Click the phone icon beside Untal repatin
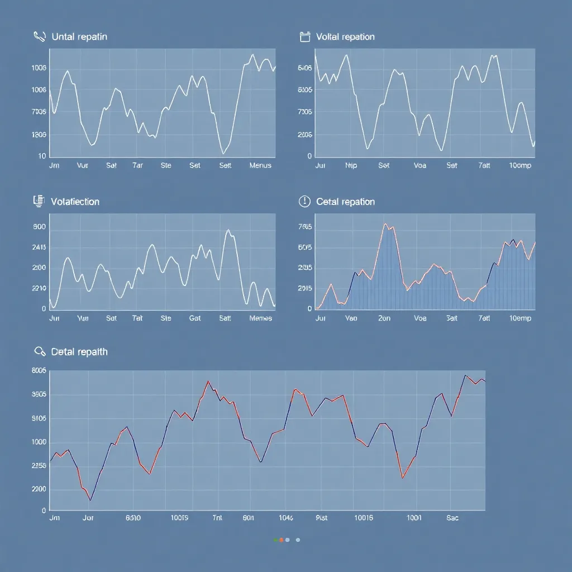point(40,37)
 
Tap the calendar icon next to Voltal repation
point(305,37)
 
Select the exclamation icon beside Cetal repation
point(304,202)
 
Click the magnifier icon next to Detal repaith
point(40,352)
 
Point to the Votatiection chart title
point(75,202)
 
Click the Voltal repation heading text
point(345,37)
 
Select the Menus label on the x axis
point(260,165)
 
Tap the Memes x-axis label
point(260,318)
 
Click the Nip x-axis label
point(351,165)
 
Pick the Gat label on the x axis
point(195,318)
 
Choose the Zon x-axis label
point(384,318)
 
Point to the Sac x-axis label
point(452,518)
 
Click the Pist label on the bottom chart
point(322,518)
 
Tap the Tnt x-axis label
point(217,518)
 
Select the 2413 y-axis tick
point(39,247)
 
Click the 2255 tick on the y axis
point(39,466)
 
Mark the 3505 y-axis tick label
point(39,394)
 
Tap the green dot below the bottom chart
point(275,540)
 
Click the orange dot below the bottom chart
point(281,540)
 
